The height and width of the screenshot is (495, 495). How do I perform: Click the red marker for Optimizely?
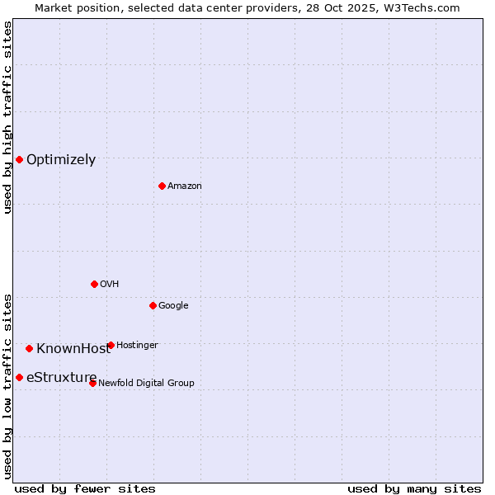coord(19,159)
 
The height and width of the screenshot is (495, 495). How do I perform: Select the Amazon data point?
coord(162,186)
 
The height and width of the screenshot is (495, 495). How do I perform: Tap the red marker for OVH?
coord(94,284)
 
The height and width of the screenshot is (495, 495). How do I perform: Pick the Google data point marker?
coord(153,305)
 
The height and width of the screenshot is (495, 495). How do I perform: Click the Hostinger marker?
coord(111,345)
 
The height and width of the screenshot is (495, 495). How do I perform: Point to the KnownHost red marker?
coord(29,348)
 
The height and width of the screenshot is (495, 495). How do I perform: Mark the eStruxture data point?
coord(19,377)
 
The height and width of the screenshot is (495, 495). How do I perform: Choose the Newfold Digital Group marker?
coord(92,383)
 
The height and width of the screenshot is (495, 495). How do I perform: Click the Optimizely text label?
coord(61,160)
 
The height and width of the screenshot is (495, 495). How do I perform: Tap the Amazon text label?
coord(185,186)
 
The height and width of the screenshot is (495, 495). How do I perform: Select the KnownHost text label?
coord(73,349)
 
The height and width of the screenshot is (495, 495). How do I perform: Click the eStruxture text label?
coord(61,378)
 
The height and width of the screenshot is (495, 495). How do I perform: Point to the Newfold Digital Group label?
coord(146,383)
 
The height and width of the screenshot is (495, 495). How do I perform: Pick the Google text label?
coord(173,306)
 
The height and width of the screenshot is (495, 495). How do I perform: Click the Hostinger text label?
coord(137,345)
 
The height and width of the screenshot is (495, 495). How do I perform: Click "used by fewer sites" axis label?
coord(85,488)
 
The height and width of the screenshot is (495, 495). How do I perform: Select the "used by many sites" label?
coord(414,488)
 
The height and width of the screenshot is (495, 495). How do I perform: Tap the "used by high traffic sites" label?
coord(7,117)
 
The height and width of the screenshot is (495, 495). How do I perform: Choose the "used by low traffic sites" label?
coord(7,386)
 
